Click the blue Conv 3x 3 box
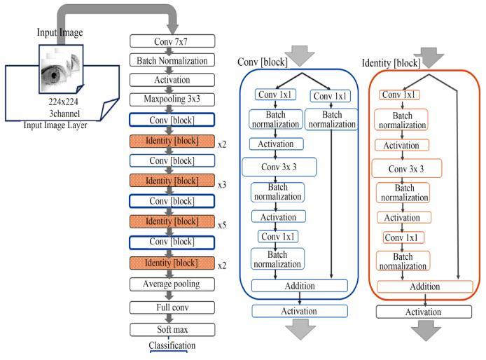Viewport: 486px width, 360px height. pyautogui.click(x=279, y=167)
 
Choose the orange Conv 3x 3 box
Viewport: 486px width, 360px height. pyautogui.click(x=407, y=169)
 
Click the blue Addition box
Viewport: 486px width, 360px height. pyautogui.click(x=300, y=286)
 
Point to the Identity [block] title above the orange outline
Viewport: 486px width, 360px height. pyautogui.click(x=391, y=63)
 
